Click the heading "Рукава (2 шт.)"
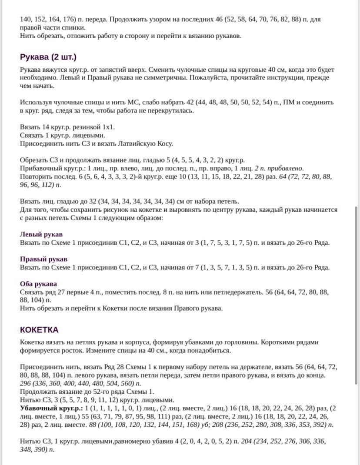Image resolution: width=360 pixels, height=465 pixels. (48, 57)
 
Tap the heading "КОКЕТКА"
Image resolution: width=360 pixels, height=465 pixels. (39, 329)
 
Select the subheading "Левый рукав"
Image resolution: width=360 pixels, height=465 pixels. (41, 234)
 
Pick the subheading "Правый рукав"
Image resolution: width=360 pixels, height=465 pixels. (43, 259)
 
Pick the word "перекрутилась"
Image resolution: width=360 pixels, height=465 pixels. (173, 111)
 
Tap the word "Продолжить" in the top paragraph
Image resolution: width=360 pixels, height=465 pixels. (128, 20)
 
